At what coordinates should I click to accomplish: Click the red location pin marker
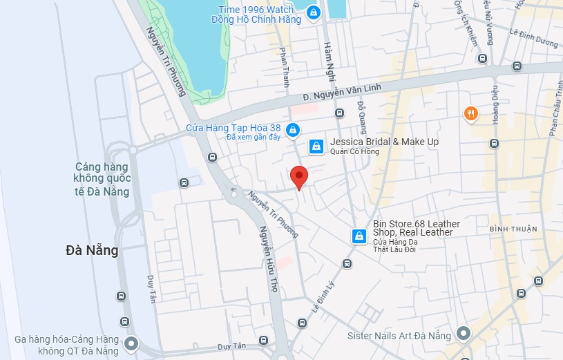pyautogui.click(x=298, y=176)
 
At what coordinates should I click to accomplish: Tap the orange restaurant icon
pyautogui.click(x=470, y=113)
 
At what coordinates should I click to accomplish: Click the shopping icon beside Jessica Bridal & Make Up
pyautogui.click(x=316, y=146)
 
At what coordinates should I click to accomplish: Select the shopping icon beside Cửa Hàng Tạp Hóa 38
pyautogui.click(x=293, y=129)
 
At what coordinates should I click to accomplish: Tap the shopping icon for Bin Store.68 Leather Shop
pyautogui.click(x=359, y=236)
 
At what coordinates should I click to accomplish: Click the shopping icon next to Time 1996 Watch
pyautogui.click(x=314, y=12)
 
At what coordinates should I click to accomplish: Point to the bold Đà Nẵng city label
pyautogui.click(x=92, y=250)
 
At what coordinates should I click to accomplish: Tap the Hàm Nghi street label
pyautogui.click(x=330, y=59)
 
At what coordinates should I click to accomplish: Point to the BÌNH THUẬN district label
pyautogui.click(x=513, y=229)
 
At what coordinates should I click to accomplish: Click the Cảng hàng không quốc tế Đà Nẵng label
pyautogui.click(x=102, y=179)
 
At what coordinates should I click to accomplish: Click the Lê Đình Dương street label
pyautogui.click(x=533, y=37)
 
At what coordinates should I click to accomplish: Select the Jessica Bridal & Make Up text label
pyautogui.click(x=384, y=142)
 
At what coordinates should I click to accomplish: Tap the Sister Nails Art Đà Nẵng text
pyautogui.click(x=399, y=336)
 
